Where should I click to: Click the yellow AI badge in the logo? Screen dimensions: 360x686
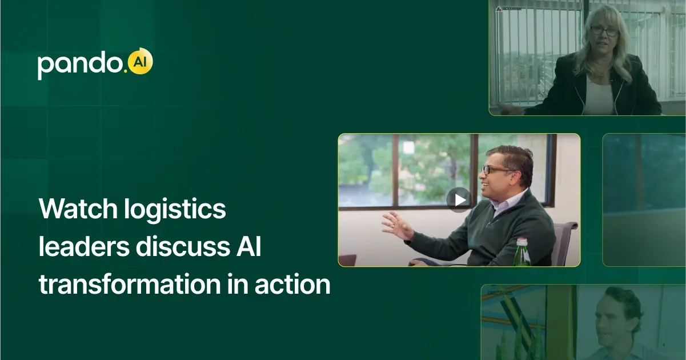click(x=140, y=62)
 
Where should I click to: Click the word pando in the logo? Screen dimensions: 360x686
click(x=81, y=65)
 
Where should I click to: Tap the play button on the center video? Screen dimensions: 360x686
click(x=459, y=199)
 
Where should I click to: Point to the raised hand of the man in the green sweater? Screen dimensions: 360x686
click(x=397, y=225)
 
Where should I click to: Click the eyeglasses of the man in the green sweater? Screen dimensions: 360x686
click(x=497, y=170)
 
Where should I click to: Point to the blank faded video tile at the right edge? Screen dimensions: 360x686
click(x=644, y=200)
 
